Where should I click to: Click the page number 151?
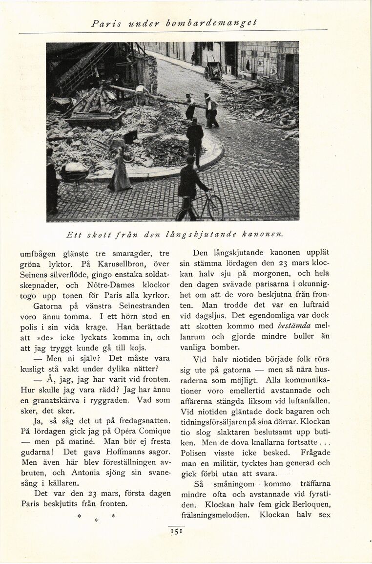click(x=176, y=532)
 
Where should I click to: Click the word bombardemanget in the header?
click(x=226, y=23)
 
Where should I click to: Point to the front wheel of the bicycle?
click(x=215, y=208)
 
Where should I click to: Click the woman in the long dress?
click(x=120, y=171)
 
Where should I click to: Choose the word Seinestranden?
click(x=144, y=306)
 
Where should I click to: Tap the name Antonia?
click(x=86, y=473)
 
